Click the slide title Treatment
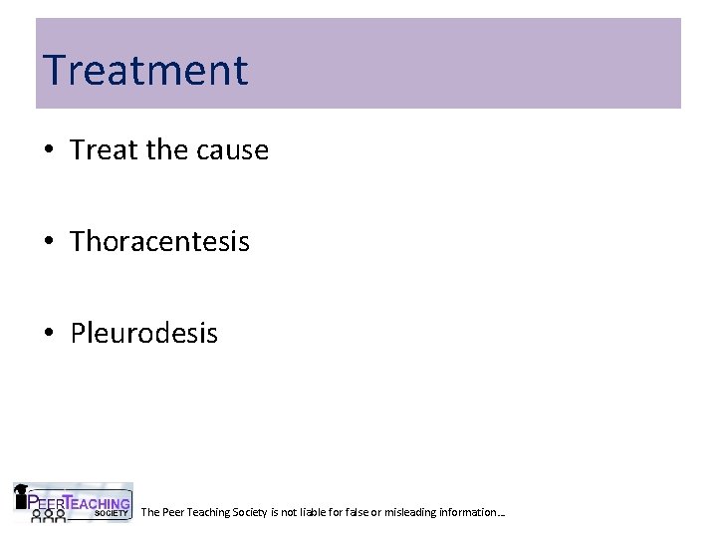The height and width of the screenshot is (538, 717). (145, 70)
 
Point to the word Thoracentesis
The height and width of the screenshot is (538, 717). (159, 241)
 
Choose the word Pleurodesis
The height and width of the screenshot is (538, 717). (143, 333)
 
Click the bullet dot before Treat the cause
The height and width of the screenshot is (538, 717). (49, 151)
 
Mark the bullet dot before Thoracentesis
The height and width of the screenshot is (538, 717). (49, 242)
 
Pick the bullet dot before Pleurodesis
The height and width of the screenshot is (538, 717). (49, 334)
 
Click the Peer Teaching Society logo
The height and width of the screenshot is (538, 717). (72, 502)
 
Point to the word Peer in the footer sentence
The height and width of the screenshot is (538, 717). (172, 512)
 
